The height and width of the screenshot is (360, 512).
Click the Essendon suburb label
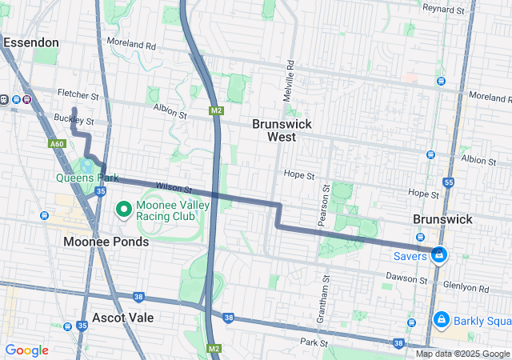point(30,42)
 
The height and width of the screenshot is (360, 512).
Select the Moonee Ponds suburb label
point(106,242)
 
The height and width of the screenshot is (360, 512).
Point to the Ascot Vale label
point(122,318)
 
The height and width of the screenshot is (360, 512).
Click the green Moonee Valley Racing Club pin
point(124,210)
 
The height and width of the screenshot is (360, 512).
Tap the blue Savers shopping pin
point(438,254)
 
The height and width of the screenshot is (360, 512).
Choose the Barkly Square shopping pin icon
point(440,320)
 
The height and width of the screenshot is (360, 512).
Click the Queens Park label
point(87,178)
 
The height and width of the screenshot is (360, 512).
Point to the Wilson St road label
point(174,188)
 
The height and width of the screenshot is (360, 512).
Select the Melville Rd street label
point(290,75)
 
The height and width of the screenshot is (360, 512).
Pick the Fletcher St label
point(78,95)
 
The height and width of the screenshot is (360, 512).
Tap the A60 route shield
point(56,144)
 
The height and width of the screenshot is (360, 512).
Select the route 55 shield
point(448,183)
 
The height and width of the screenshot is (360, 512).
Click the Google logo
point(26,350)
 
